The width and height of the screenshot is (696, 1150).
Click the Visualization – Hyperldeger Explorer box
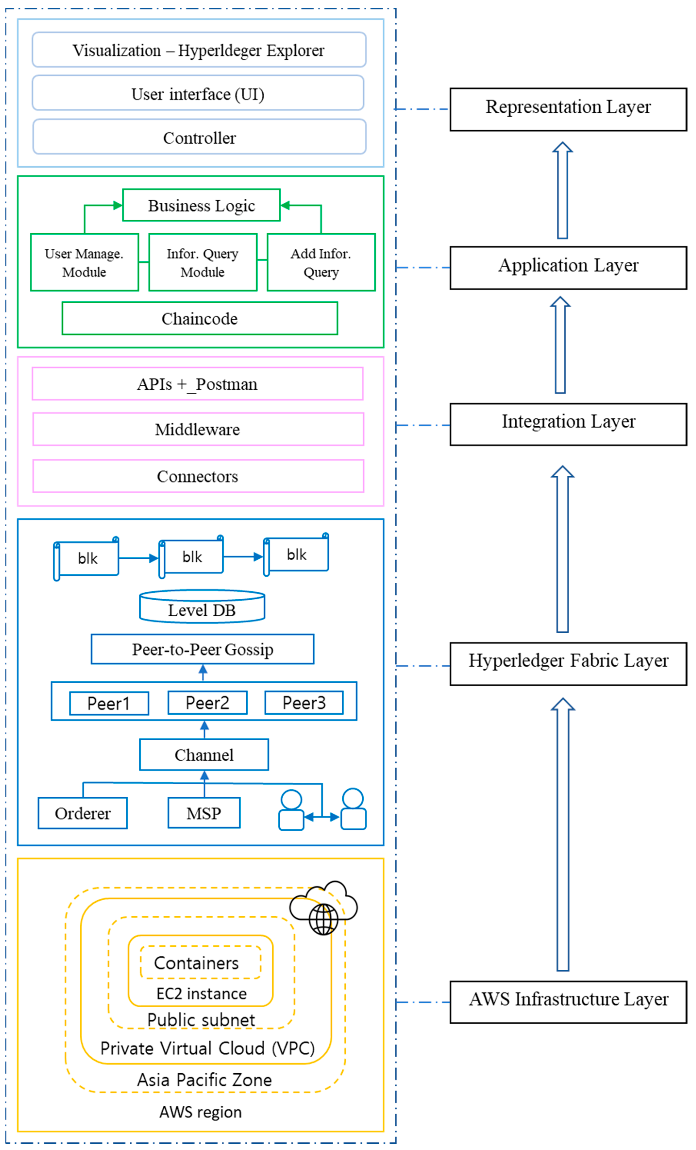(199, 50)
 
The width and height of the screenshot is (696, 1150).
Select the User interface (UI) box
(198, 93)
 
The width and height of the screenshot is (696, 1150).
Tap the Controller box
(199, 137)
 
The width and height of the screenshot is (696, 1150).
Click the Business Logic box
(201, 205)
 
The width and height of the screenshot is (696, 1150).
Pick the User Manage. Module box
(84, 262)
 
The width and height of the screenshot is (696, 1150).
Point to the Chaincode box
(200, 318)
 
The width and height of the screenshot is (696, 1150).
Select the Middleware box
(198, 429)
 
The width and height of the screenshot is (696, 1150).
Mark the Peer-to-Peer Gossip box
(203, 649)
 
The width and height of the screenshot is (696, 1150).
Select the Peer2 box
(207, 703)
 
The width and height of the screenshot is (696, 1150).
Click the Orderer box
(83, 813)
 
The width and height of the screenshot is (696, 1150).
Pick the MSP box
(204, 813)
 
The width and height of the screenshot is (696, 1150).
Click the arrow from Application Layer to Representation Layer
(562, 190)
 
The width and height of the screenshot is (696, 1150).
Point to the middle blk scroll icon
(191, 557)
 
